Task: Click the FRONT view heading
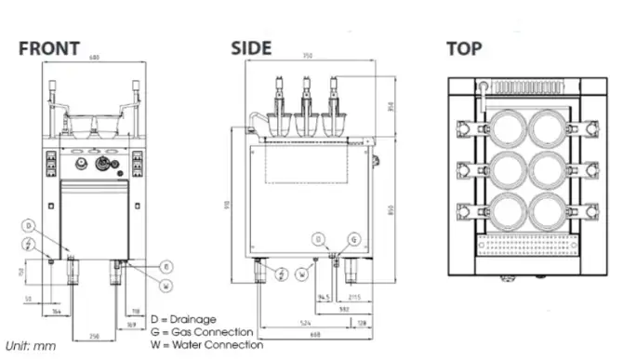click(49, 48)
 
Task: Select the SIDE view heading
click(251, 48)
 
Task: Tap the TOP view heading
click(464, 48)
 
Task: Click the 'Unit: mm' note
click(30, 346)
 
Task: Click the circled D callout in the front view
click(29, 226)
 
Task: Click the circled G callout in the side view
click(354, 239)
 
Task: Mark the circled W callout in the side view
click(302, 273)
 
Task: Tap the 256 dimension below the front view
click(93, 334)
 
